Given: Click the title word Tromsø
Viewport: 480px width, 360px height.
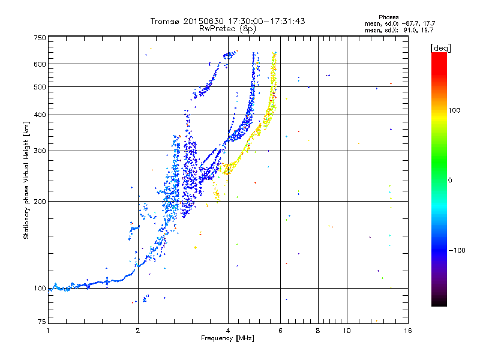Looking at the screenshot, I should click(166, 21).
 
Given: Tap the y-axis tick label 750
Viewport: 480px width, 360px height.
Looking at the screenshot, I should click(40, 38).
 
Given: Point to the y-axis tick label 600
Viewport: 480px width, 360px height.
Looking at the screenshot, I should click(40, 64).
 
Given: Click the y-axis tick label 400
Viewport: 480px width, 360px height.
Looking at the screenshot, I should click(40, 115).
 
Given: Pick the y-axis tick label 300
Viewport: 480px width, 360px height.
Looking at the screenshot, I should click(40, 151).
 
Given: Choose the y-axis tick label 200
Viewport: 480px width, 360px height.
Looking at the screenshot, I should click(40, 202).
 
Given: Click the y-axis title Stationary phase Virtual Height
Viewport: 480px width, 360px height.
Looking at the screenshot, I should click(26, 180).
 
